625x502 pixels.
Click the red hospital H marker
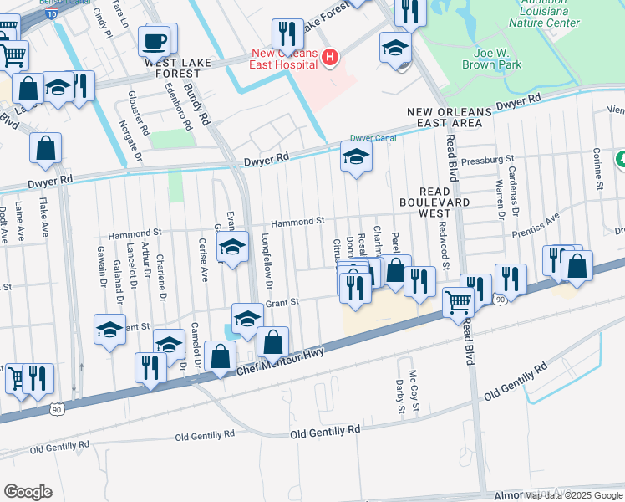[x=331, y=58]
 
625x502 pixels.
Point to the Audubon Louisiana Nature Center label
[x=538, y=16]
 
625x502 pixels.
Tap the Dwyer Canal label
[x=372, y=138]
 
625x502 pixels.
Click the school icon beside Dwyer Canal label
[x=356, y=156]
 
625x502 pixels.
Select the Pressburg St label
[x=486, y=158]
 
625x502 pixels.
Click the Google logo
[x=28, y=491]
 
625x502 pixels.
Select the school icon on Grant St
[x=247, y=320]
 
